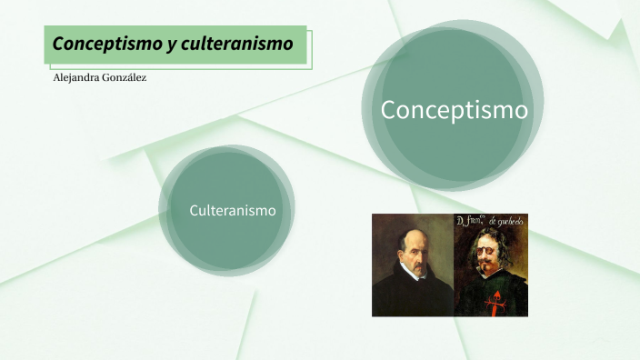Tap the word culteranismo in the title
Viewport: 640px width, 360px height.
point(239,44)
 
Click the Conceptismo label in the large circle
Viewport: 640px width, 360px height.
point(454,110)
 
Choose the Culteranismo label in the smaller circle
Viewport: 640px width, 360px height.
point(232,210)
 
